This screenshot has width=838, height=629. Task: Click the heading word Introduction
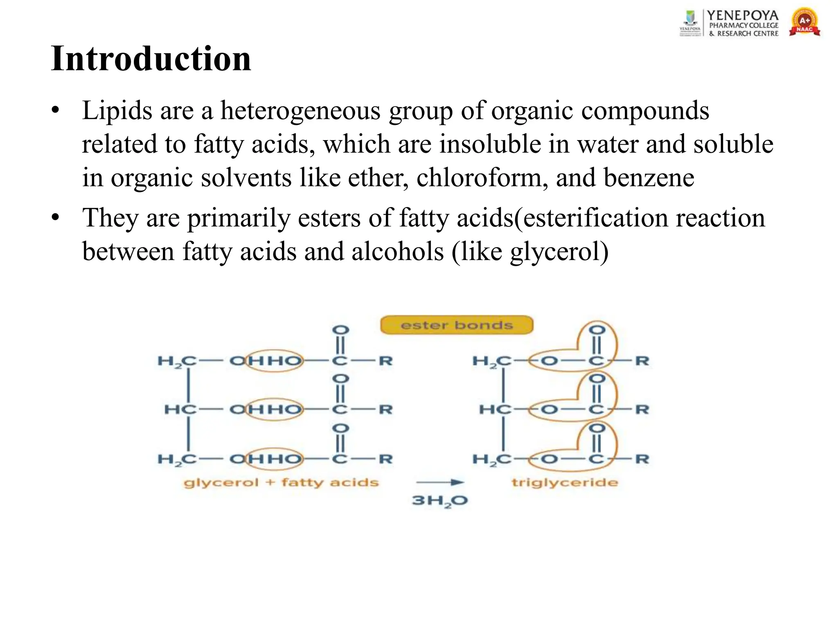click(x=151, y=59)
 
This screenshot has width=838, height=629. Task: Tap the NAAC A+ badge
click(x=804, y=23)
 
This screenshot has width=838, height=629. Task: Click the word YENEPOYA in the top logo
click(x=743, y=15)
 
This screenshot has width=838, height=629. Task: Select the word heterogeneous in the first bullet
click(x=300, y=111)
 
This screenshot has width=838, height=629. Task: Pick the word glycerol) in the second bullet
click(x=559, y=251)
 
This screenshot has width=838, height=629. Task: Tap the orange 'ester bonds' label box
click(x=457, y=325)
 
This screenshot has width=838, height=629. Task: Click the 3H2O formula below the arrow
click(x=439, y=500)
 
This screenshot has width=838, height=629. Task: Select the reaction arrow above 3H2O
click(x=439, y=482)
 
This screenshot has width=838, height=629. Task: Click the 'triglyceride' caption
click(x=564, y=482)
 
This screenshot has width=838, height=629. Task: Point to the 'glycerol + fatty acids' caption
click(x=281, y=482)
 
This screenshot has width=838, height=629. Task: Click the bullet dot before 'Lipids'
click(x=56, y=111)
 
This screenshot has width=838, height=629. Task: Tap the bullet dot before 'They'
click(x=56, y=217)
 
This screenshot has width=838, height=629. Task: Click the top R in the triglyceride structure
click(x=642, y=361)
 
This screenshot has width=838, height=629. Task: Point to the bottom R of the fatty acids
click(x=385, y=459)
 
